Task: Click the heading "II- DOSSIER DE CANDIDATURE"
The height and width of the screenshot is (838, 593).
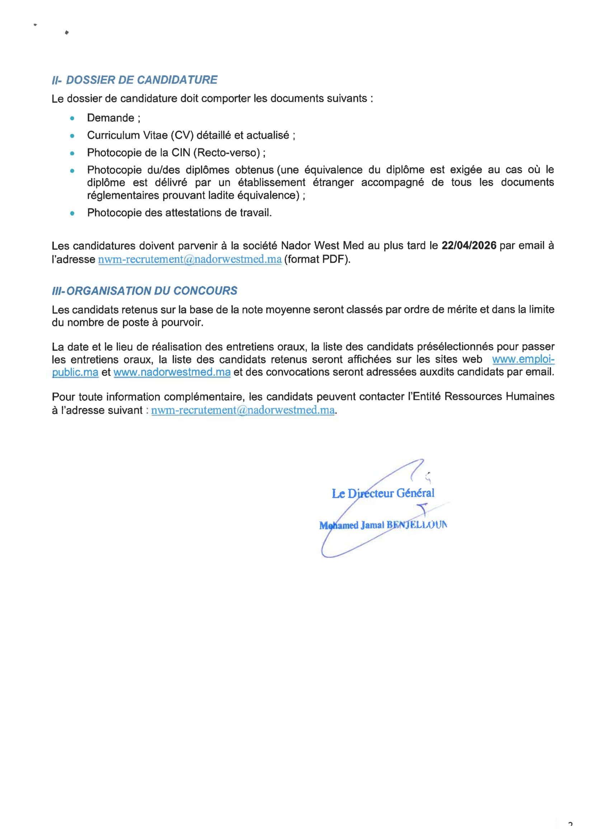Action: pos(135,80)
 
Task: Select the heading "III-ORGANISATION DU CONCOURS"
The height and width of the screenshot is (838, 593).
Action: pos(145,291)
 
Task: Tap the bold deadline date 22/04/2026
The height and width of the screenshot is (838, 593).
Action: pos(469,246)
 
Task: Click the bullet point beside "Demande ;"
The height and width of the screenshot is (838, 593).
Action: pos(72,118)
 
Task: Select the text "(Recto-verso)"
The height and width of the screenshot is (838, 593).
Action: pos(226,152)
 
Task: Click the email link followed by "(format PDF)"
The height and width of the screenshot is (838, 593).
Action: pos(189,260)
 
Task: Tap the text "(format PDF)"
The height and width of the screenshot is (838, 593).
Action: pos(317,260)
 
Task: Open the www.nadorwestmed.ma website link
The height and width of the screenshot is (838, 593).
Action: pos(172,372)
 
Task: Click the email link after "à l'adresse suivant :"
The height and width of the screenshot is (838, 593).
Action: pos(243,410)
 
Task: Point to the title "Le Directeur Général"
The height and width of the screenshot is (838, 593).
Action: pos(383,493)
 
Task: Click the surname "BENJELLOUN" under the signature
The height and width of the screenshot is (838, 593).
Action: pos(416,525)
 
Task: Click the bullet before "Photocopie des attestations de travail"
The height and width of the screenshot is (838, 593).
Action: pos(72,213)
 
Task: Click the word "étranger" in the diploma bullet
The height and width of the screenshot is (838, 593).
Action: pos(333,183)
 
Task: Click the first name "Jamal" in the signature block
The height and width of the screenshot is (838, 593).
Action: pos(372,525)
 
